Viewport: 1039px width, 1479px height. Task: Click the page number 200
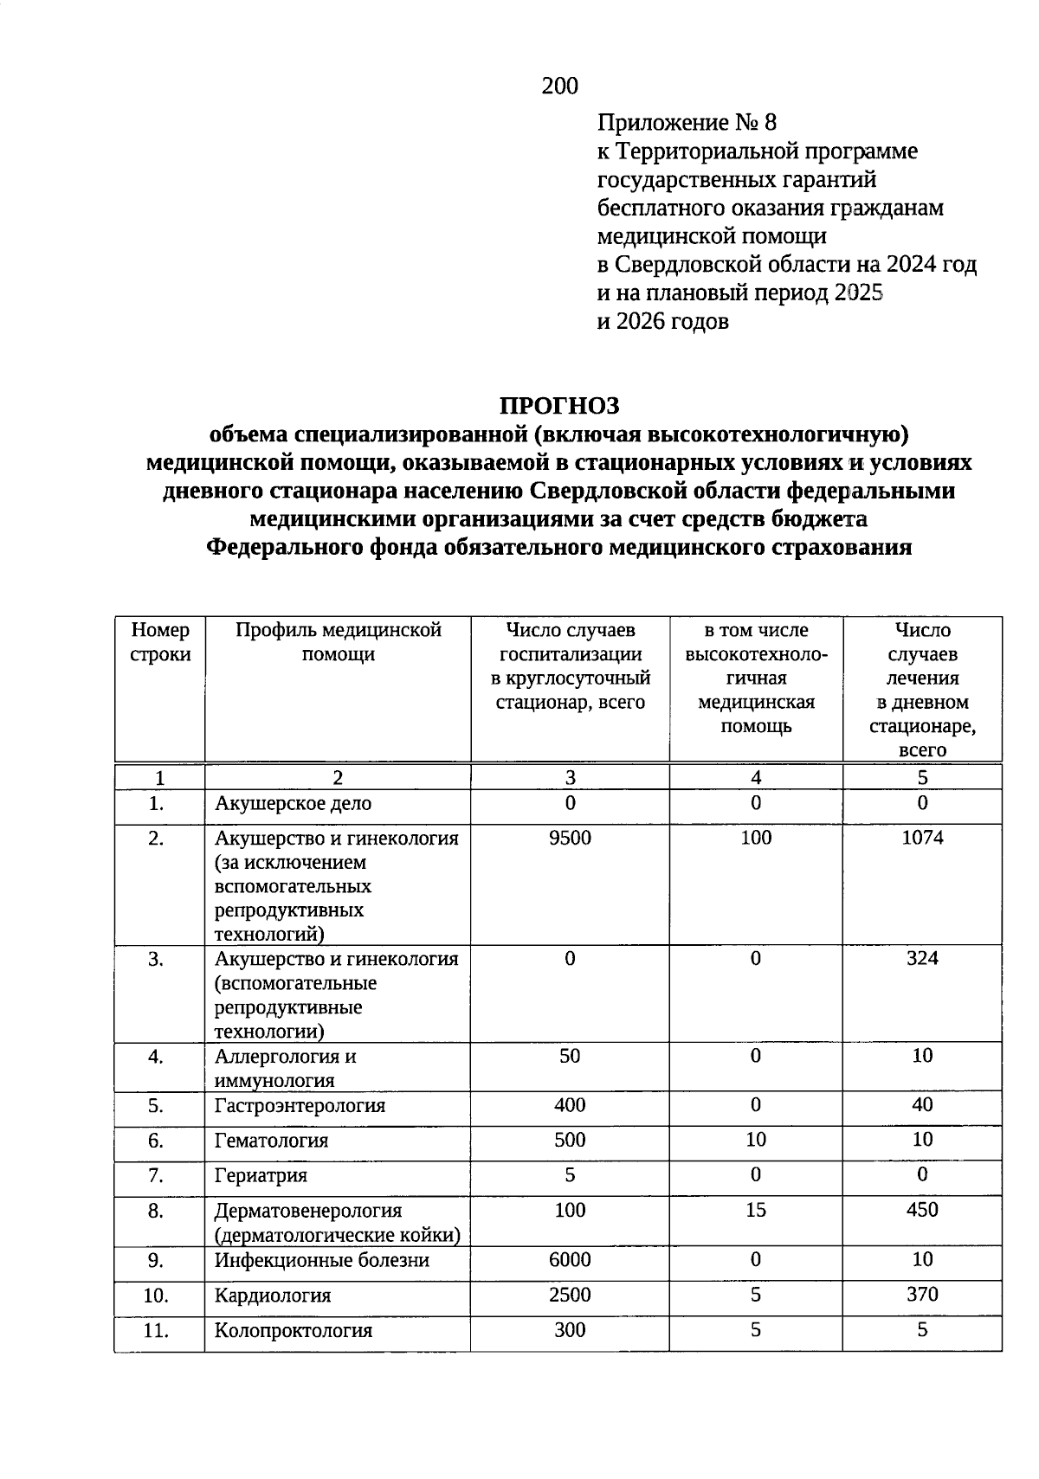tap(559, 86)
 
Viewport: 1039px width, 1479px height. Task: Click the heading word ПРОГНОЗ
tap(559, 405)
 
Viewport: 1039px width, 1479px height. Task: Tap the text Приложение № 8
tap(681, 122)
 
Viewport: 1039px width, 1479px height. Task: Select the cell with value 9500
tap(570, 838)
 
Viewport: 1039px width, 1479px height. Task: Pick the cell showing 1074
tap(922, 838)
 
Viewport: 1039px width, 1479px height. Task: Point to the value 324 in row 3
tap(922, 958)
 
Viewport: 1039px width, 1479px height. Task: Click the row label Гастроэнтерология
tap(300, 1106)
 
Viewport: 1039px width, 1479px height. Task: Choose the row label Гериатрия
tap(261, 1176)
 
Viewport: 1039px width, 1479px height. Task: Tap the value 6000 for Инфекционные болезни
tap(570, 1260)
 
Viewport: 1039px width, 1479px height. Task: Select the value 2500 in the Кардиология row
tap(570, 1295)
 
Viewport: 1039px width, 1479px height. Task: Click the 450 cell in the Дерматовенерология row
tap(922, 1210)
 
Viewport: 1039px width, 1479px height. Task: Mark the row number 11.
tap(156, 1331)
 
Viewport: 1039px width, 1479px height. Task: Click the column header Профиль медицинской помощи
tap(339, 642)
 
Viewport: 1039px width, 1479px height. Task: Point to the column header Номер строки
tap(160, 642)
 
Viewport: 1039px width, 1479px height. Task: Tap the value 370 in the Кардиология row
tap(922, 1295)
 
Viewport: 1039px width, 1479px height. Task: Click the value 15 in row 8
tap(756, 1210)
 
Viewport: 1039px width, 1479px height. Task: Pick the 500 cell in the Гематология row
tap(570, 1140)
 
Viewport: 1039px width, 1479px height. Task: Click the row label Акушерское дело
tap(293, 804)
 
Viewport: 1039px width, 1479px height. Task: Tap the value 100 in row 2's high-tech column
tap(756, 838)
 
